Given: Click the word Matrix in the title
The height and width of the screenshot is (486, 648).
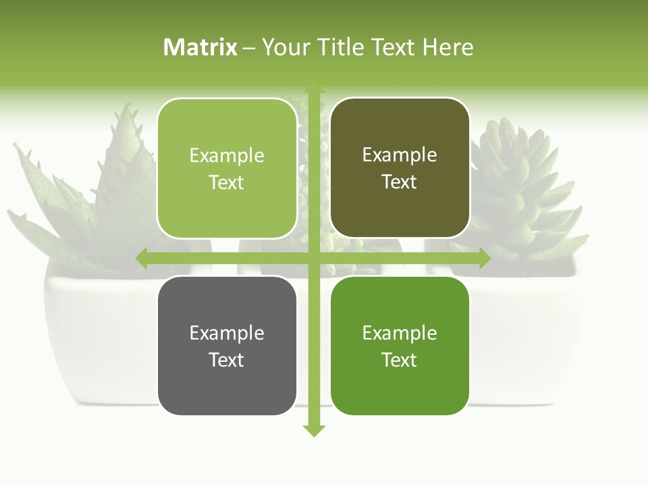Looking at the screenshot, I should (x=200, y=47).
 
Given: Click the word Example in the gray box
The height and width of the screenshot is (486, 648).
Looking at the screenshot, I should (x=227, y=333).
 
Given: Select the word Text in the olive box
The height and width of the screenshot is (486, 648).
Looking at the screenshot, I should (x=400, y=182).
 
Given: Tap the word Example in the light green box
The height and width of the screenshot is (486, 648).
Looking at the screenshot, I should (x=227, y=156).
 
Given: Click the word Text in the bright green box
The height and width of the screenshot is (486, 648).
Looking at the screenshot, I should (x=400, y=360).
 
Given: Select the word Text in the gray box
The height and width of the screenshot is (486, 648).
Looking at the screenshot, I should (x=227, y=360).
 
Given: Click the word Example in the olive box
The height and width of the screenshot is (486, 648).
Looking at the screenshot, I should (x=400, y=155).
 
